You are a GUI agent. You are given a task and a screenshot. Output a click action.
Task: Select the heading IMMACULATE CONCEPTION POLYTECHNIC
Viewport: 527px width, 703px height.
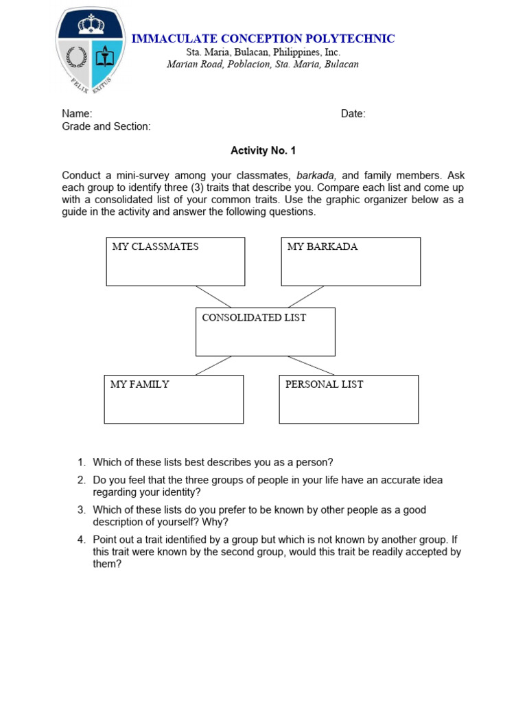(263, 38)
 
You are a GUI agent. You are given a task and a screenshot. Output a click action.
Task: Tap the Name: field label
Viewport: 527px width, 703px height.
(77, 114)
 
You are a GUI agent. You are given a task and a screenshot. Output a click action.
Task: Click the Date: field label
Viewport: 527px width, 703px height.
(353, 114)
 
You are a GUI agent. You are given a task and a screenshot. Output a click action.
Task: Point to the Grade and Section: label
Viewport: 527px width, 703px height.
(106, 126)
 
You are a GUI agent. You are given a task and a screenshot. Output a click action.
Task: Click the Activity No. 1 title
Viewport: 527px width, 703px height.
(263, 151)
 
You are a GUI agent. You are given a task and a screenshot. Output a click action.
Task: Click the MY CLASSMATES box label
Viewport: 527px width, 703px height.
(155, 246)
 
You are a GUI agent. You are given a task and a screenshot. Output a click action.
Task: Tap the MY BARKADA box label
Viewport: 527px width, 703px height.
(323, 246)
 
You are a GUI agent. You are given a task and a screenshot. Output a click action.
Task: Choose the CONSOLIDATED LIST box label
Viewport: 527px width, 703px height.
(254, 317)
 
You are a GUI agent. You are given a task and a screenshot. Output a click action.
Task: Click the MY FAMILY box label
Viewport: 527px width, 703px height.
(139, 384)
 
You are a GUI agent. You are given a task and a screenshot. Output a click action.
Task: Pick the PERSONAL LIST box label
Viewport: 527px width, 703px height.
(324, 384)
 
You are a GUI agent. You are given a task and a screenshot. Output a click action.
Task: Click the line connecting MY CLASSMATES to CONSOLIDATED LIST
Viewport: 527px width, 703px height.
(213, 297)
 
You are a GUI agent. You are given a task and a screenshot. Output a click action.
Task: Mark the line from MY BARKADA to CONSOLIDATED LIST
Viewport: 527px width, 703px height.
(305, 297)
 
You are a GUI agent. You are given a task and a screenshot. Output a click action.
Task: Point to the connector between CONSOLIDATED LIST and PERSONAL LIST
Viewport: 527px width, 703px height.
(310, 365)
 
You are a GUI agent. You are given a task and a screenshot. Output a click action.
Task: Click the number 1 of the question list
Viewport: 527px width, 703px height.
(80, 462)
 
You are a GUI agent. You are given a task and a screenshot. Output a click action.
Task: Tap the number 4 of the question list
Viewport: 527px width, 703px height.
(80, 540)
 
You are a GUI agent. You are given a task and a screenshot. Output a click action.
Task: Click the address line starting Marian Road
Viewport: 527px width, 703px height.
(263, 65)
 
